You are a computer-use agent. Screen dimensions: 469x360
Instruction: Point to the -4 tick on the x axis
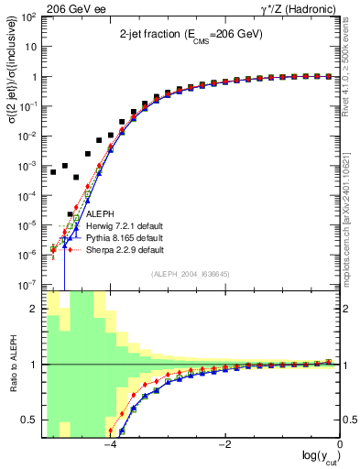(110, 445)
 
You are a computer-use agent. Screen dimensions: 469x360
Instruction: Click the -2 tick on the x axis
(224, 445)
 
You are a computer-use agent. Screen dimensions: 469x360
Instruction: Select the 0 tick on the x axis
(340, 445)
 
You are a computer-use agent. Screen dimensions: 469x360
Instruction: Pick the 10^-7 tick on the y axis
(30, 285)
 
